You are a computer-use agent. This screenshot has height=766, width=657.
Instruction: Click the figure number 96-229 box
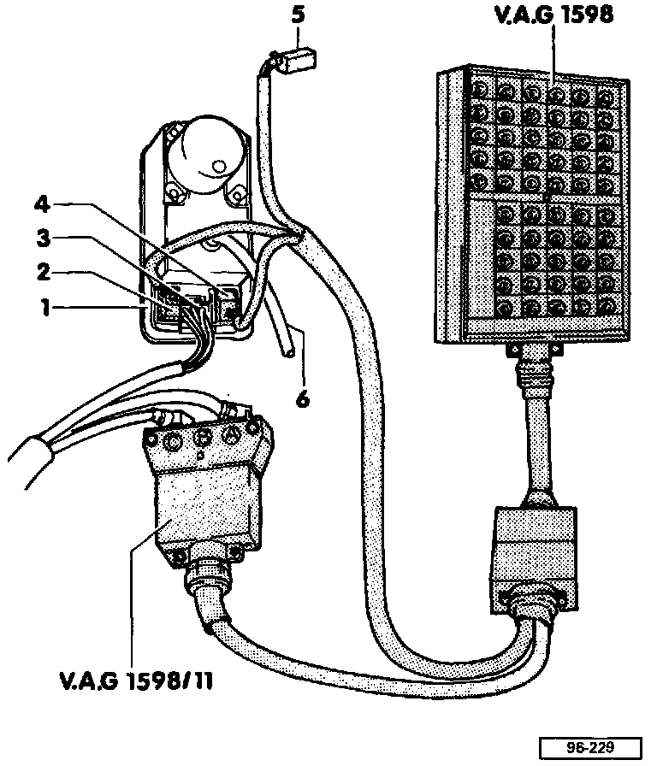click(584, 745)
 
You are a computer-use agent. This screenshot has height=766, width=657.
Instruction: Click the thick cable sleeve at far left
click(30, 449)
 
